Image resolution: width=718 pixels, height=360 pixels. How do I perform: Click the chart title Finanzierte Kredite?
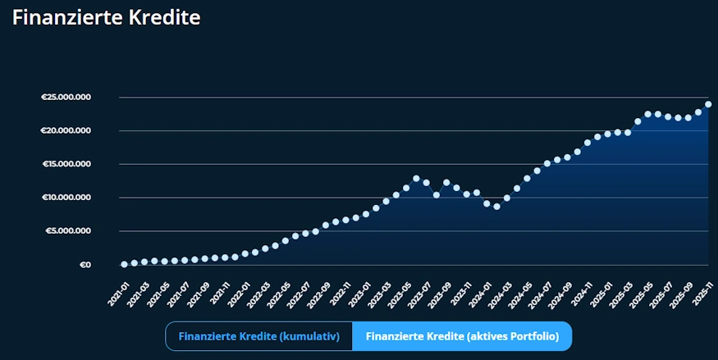tap(107, 17)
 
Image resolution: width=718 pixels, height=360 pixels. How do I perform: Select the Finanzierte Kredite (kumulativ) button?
tap(258, 336)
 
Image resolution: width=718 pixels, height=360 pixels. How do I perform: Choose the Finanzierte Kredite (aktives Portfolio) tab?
tap(462, 336)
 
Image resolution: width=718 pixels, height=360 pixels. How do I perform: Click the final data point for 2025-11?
tap(708, 104)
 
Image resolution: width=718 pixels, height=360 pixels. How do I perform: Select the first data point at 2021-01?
tap(124, 264)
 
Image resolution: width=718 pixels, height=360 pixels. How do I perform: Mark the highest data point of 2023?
tap(416, 178)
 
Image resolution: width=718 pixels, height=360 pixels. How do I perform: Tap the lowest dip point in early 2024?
tap(496, 207)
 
